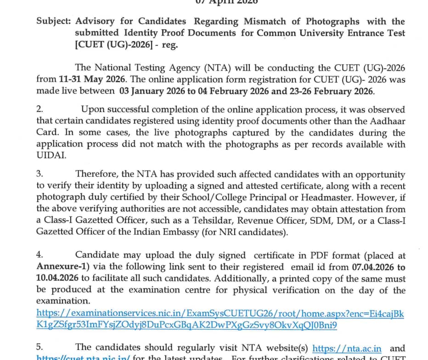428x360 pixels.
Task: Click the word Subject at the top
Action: pos(54,22)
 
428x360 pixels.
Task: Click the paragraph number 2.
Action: pos(40,110)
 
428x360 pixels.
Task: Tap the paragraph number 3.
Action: pos(40,174)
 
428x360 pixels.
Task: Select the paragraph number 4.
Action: pos(40,255)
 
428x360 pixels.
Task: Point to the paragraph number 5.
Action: pos(40,347)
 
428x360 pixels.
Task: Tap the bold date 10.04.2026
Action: pos(58,278)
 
